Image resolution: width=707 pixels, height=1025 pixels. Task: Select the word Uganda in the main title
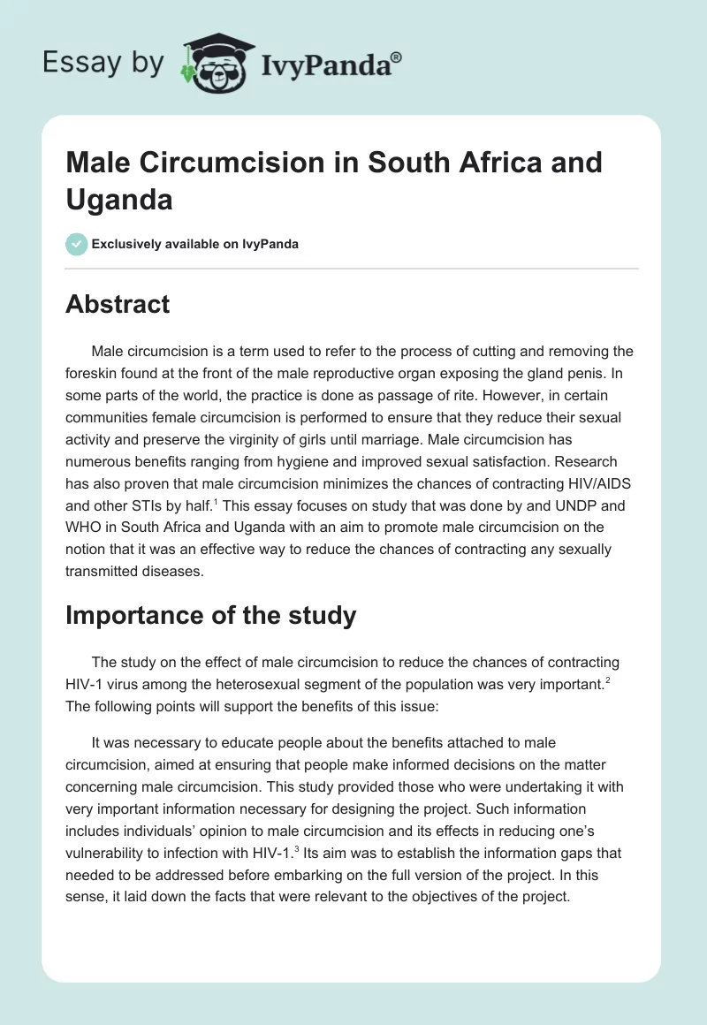118,200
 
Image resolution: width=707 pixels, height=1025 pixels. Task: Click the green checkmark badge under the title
77,244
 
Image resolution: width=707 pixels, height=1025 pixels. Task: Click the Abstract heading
118,305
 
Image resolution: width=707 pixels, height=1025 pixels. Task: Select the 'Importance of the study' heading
210,615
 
